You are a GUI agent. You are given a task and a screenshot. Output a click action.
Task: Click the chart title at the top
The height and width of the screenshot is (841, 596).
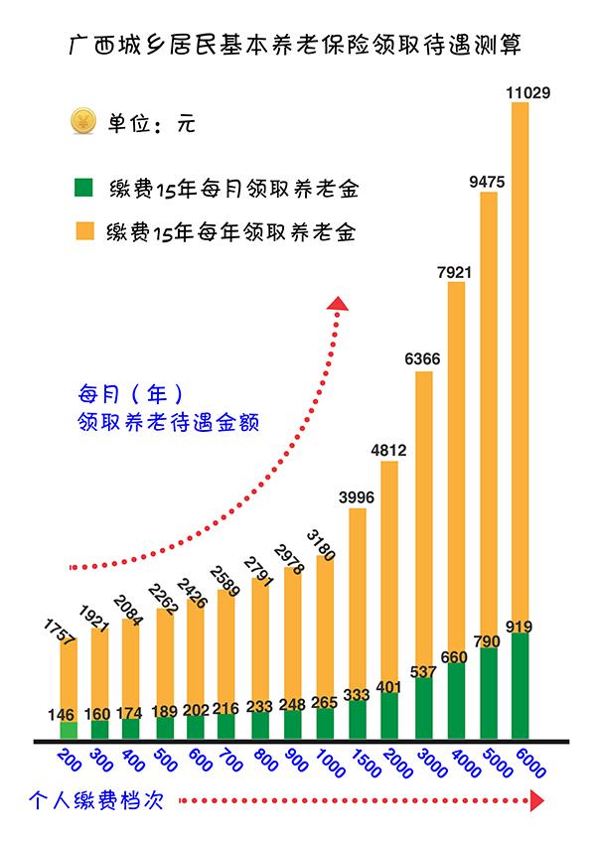295,45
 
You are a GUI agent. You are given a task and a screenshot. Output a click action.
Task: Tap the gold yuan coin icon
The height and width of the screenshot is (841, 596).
80,123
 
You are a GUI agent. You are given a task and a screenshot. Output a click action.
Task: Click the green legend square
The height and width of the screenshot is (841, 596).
84,186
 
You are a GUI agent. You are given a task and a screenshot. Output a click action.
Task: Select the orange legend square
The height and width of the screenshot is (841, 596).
84,231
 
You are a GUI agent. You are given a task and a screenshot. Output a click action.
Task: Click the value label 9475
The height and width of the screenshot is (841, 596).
489,181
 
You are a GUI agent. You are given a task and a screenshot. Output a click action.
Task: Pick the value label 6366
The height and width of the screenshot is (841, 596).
423,359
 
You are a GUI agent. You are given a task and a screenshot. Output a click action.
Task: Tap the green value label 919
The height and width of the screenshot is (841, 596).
521,627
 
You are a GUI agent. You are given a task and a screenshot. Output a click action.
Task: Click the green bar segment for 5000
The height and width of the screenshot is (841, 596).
489,694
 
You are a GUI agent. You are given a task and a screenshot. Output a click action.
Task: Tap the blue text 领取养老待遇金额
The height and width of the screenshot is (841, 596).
168,420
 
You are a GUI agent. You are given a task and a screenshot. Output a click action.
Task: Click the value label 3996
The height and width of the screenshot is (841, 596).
359,496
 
